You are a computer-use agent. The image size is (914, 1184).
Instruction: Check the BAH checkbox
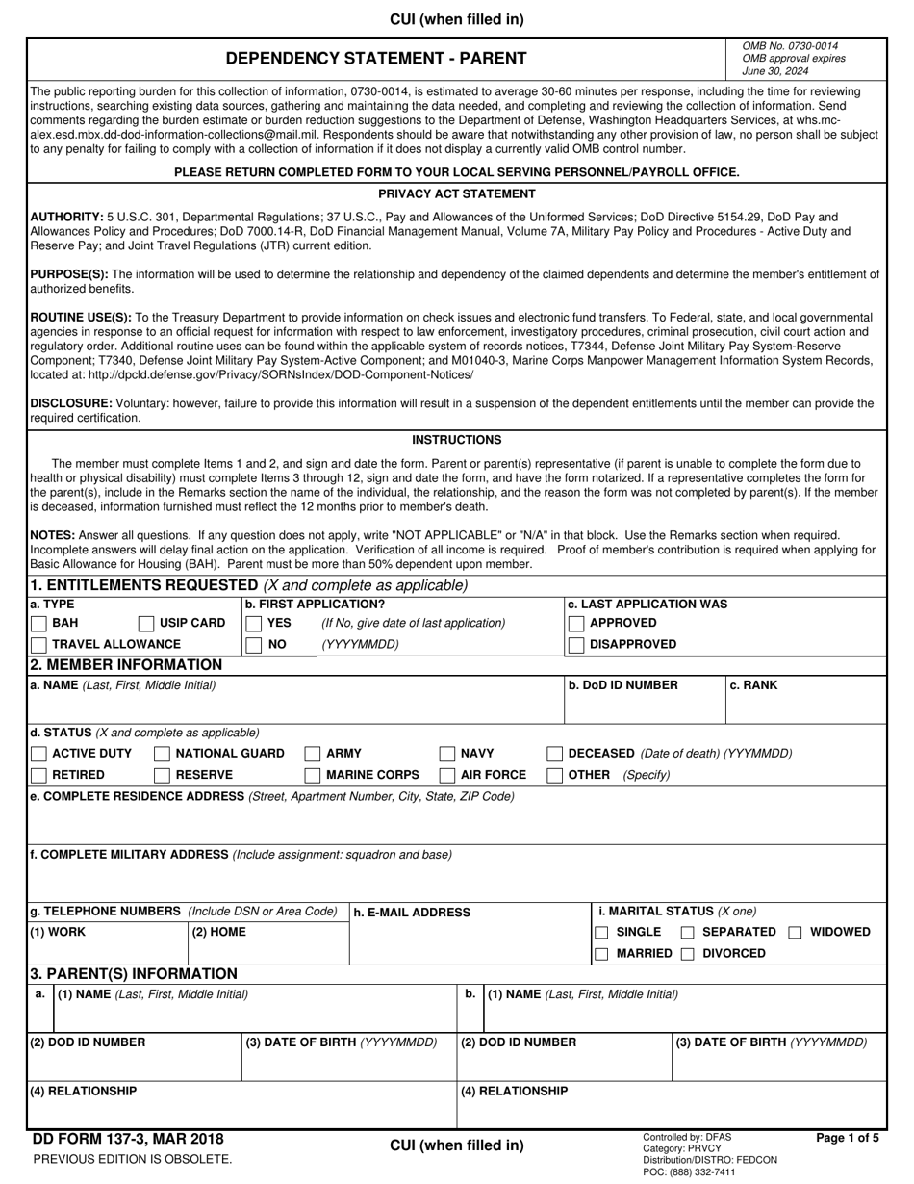point(38,623)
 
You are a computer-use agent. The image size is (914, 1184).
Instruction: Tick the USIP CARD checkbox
point(146,623)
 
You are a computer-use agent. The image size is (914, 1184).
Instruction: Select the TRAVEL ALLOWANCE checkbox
point(38,644)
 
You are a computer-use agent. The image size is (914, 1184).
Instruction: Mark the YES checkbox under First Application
point(253,623)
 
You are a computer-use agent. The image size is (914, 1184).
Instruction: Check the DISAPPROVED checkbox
point(576,644)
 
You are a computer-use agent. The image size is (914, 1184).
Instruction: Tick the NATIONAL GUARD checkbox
point(163,754)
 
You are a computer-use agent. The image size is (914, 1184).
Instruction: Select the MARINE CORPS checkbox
point(313,775)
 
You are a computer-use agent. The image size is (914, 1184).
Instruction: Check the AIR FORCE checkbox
point(447,775)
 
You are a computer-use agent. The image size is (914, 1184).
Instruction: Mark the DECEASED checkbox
point(555,754)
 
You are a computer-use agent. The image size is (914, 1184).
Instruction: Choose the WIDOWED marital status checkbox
point(796,932)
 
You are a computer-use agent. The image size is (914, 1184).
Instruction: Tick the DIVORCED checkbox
point(688,954)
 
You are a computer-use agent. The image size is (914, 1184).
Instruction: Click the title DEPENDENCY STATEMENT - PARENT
point(376,58)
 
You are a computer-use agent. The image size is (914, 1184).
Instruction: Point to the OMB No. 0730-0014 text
point(790,46)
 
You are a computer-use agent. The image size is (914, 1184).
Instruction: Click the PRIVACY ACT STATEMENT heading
point(456,193)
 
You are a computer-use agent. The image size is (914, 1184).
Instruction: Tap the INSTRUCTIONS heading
point(456,440)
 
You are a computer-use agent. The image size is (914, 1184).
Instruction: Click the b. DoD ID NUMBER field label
point(622,685)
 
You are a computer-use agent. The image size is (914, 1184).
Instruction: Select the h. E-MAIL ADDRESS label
point(412,913)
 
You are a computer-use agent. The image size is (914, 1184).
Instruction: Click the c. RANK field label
point(753,685)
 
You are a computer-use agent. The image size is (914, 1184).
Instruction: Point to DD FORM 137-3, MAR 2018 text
point(128,1140)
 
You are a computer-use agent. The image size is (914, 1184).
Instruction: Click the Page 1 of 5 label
point(847,1138)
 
